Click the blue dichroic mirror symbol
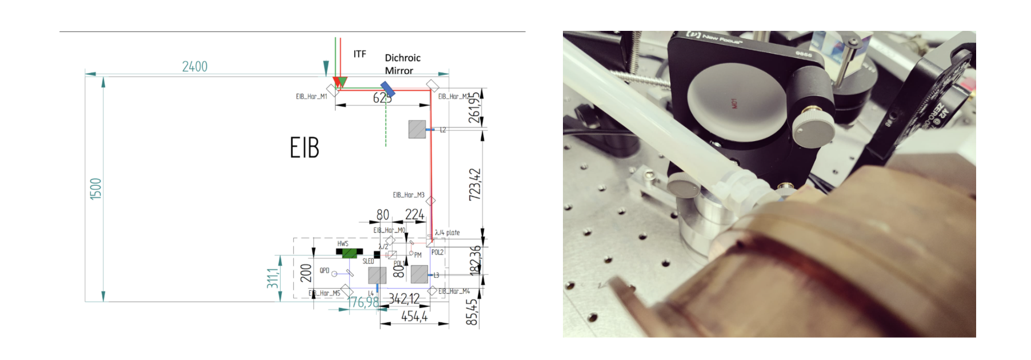[387, 89]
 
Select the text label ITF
[359, 54]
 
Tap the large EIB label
[304, 147]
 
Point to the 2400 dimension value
[195, 66]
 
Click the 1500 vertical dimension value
[95, 189]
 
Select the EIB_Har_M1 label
[311, 96]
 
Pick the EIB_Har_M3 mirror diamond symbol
[430, 201]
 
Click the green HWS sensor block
[349, 252]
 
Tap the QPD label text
[324, 270]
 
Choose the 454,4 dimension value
[414, 316]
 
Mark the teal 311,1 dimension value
[273, 278]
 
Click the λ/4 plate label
[447, 233]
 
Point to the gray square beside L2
[417, 129]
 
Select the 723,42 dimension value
[474, 184]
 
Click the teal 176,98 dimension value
[363, 302]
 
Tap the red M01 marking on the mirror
[734, 103]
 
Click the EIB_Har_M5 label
[324, 293]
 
